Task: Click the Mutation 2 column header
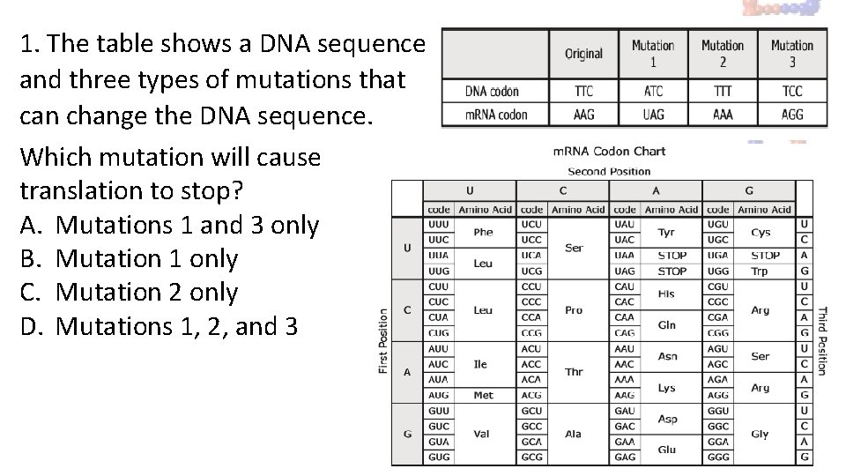(723, 53)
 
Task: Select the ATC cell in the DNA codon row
(653, 91)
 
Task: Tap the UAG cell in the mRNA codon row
(653, 115)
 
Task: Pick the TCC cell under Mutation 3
(791, 91)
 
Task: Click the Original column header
(583, 53)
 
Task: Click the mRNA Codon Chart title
(609, 152)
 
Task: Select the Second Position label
(609, 171)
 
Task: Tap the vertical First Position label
(383, 340)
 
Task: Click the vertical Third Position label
(822, 340)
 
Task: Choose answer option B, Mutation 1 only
(129, 259)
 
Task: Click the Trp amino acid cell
(759, 271)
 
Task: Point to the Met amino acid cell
(483, 396)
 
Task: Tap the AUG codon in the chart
(438, 396)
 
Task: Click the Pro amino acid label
(574, 310)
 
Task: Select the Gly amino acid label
(760, 434)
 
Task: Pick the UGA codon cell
(718, 256)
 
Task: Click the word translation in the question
(76, 190)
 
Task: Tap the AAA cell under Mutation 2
(723, 115)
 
